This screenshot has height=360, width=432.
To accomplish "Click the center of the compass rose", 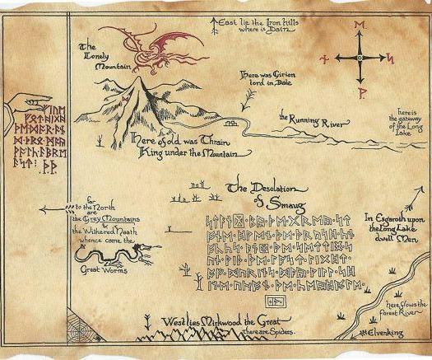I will click(x=360, y=59).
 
